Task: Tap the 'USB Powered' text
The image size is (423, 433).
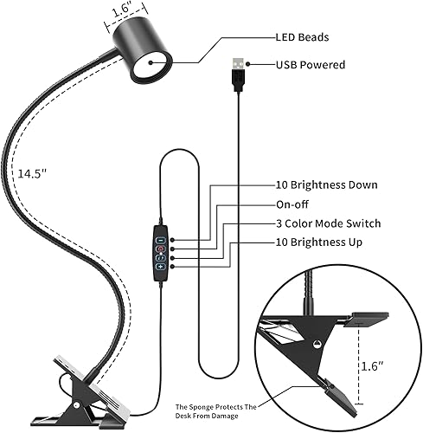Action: (x=311, y=65)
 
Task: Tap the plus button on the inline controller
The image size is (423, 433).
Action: (x=162, y=267)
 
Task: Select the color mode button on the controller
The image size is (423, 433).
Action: (x=162, y=255)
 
